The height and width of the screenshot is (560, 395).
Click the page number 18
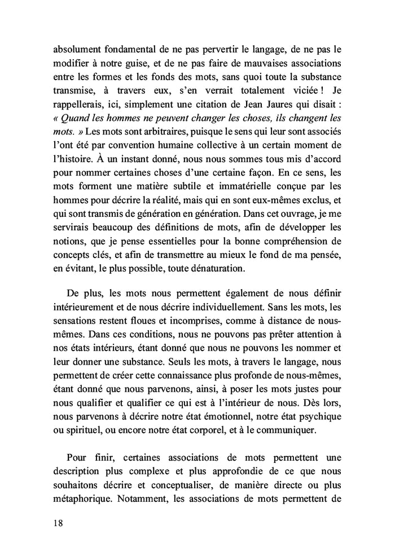coord(55,523)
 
